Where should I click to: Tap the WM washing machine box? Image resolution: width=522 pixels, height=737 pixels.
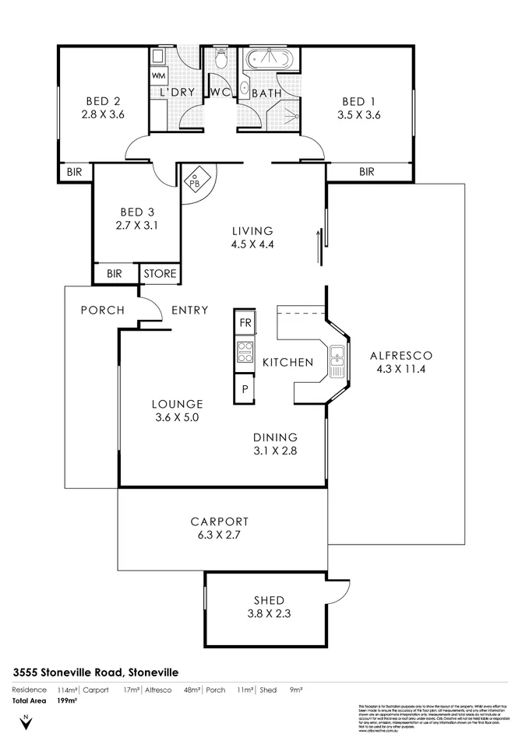[x=159, y=75]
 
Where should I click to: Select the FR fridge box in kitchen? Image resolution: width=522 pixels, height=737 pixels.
[x=245, y=322]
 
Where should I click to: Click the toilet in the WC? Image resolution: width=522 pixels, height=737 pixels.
[x=220, y=58]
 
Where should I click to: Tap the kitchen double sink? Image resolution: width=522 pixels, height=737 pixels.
[x=337, y=358]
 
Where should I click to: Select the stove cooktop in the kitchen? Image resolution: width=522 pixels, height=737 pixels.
[x=245, y=353]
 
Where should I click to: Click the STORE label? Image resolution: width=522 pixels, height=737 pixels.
[x=160, y=274]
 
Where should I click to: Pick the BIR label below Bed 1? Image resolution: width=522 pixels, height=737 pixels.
[x=366, y=172]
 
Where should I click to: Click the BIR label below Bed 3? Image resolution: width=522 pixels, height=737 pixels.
[x=115, y=274]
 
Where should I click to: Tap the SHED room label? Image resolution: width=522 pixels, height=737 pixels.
[x=268, y=600]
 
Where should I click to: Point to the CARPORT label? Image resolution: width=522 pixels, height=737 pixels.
[x=219, y=521]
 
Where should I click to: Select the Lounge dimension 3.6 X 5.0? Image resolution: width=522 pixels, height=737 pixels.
[x=177, y=417]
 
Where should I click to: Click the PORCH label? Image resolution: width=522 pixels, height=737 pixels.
[x=102, y=310]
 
